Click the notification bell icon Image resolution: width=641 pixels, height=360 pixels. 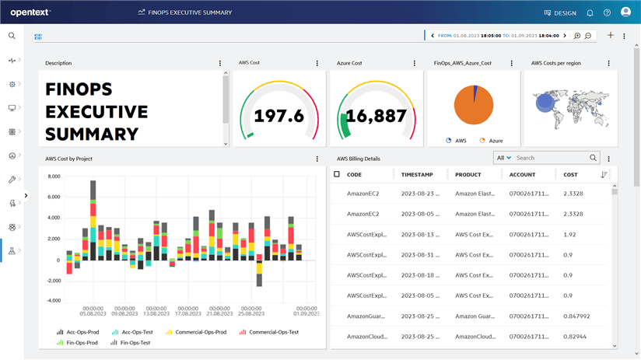pos(590,12)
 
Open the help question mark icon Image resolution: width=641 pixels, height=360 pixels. pos(607,12)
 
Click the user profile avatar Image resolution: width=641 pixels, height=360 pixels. pos(625,12)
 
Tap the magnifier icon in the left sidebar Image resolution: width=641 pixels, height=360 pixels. pos(12,36)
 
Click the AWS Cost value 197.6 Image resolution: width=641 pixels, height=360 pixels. pos(279,116)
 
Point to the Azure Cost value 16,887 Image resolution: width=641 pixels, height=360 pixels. pos(376,116)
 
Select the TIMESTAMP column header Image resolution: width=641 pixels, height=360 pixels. pos(417,175)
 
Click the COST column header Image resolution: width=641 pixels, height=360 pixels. pos(570,175)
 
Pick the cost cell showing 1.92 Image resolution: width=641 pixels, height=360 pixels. pos(569,234)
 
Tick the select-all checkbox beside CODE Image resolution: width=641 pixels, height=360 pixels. pos(337,174)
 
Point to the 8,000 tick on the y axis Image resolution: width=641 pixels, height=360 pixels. pos(54,177)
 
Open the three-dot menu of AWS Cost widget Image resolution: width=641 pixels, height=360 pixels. pos(317,63)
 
